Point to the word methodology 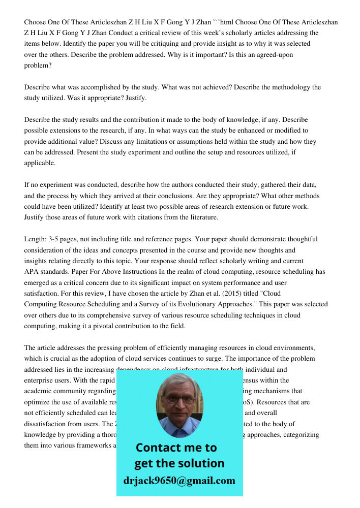point(282,87)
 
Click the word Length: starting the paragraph point(36,239)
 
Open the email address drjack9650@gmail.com point(179,481)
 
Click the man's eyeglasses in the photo point(179,399)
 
